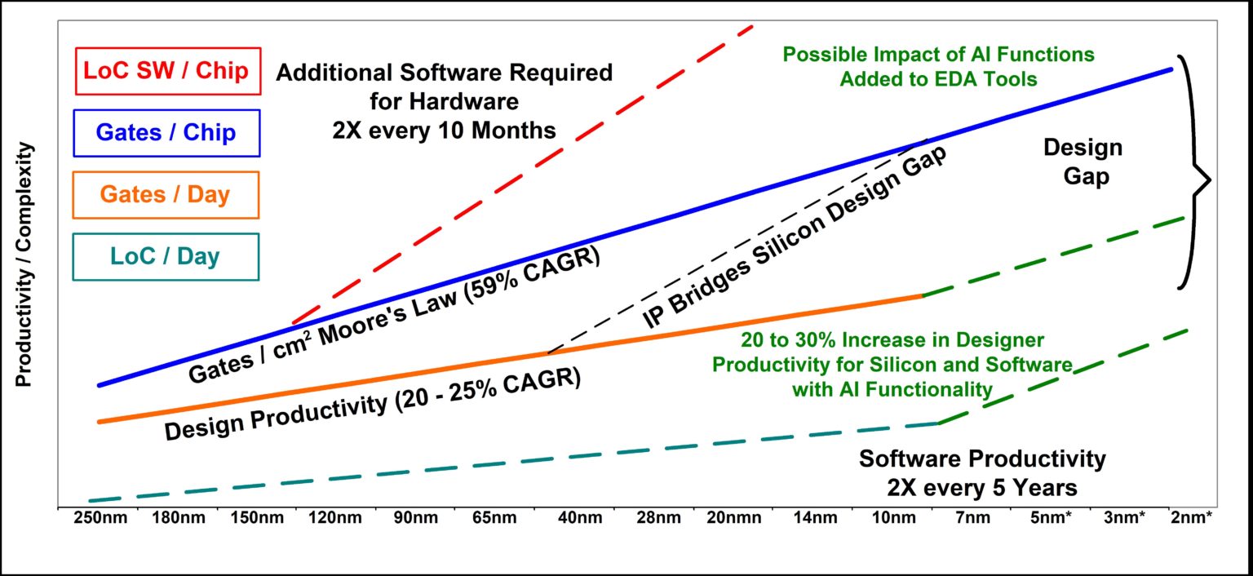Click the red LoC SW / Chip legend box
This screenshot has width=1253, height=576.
point(166,71)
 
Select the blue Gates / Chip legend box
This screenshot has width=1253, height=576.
point(166,133)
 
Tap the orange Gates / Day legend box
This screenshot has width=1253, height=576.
point(166,195)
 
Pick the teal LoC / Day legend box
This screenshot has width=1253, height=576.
point(166,257)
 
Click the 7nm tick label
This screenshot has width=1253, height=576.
point(972,520)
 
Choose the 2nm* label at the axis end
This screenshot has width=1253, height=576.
point(1191,520)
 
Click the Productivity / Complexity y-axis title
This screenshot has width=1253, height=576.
point(24,265)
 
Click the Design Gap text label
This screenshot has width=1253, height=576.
point(1083,162)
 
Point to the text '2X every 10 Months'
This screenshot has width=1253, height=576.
point(444,131)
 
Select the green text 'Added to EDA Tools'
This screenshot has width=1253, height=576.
point(938,79)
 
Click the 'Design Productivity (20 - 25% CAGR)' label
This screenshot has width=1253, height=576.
point(373,405)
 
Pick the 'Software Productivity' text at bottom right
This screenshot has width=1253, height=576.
point(982,459)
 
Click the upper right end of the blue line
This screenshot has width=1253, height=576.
point(1171,69)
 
